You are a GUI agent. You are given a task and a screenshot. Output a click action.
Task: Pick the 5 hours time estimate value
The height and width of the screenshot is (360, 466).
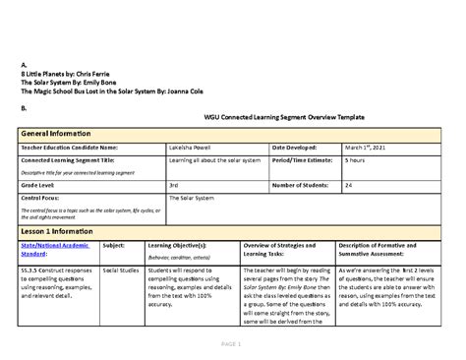coord(356,160)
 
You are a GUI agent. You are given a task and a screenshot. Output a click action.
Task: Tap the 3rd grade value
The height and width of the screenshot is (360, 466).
coord(174,184)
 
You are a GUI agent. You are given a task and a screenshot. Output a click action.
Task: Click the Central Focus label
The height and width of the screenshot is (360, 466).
coord(41,198)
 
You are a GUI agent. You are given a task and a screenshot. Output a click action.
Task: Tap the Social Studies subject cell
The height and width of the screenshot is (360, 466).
coord(121,268)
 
